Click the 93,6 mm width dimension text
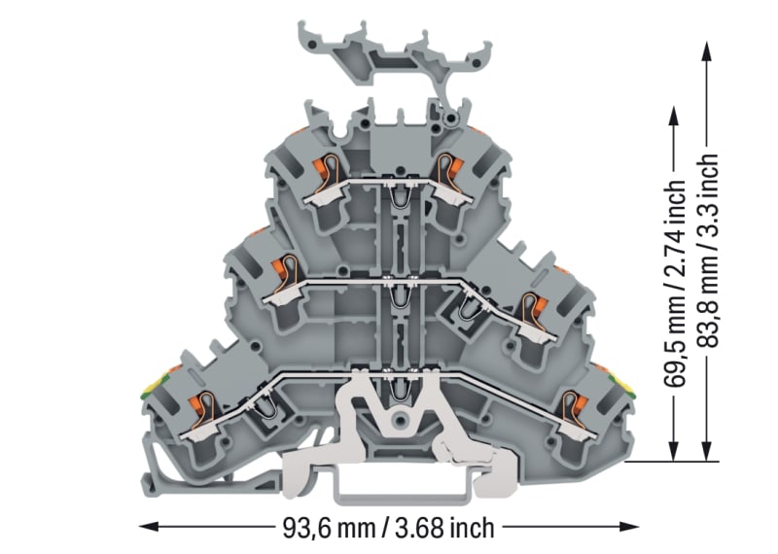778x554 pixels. click(x=388, y=528)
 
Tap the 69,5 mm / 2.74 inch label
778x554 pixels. click(x=675, y=283)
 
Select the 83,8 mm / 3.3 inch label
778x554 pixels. click(x=708, y=250)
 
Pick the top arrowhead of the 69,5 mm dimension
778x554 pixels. click(x=674, y=116)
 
